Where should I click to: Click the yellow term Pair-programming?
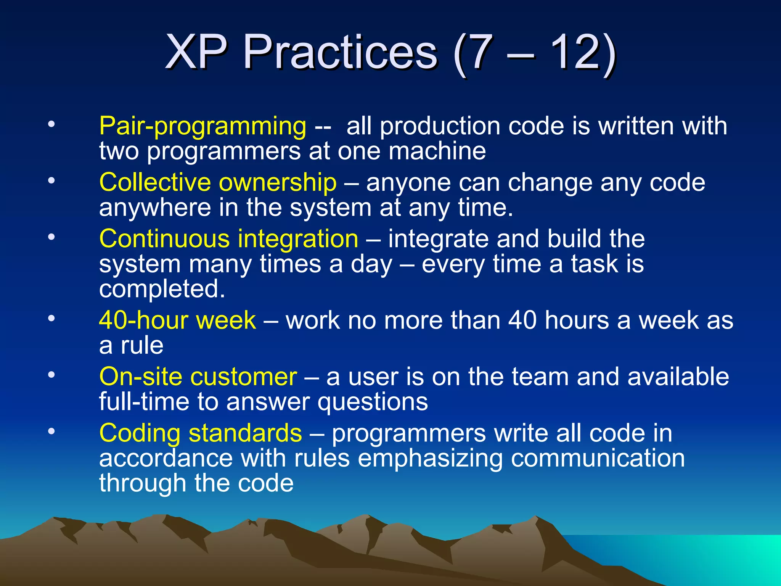[202, 126]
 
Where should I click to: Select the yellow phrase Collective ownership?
[218, 182]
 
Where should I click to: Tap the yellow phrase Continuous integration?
[228, 239]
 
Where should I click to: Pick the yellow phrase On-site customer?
[198, 377]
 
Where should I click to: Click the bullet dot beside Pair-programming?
[51, 124]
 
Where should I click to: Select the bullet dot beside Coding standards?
[51, 431]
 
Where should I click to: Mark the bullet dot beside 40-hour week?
[51, 318]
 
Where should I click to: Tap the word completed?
[162, 289]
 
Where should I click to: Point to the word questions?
[373, 402]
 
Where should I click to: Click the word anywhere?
[155, 208]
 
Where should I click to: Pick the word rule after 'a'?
[142, 345]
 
